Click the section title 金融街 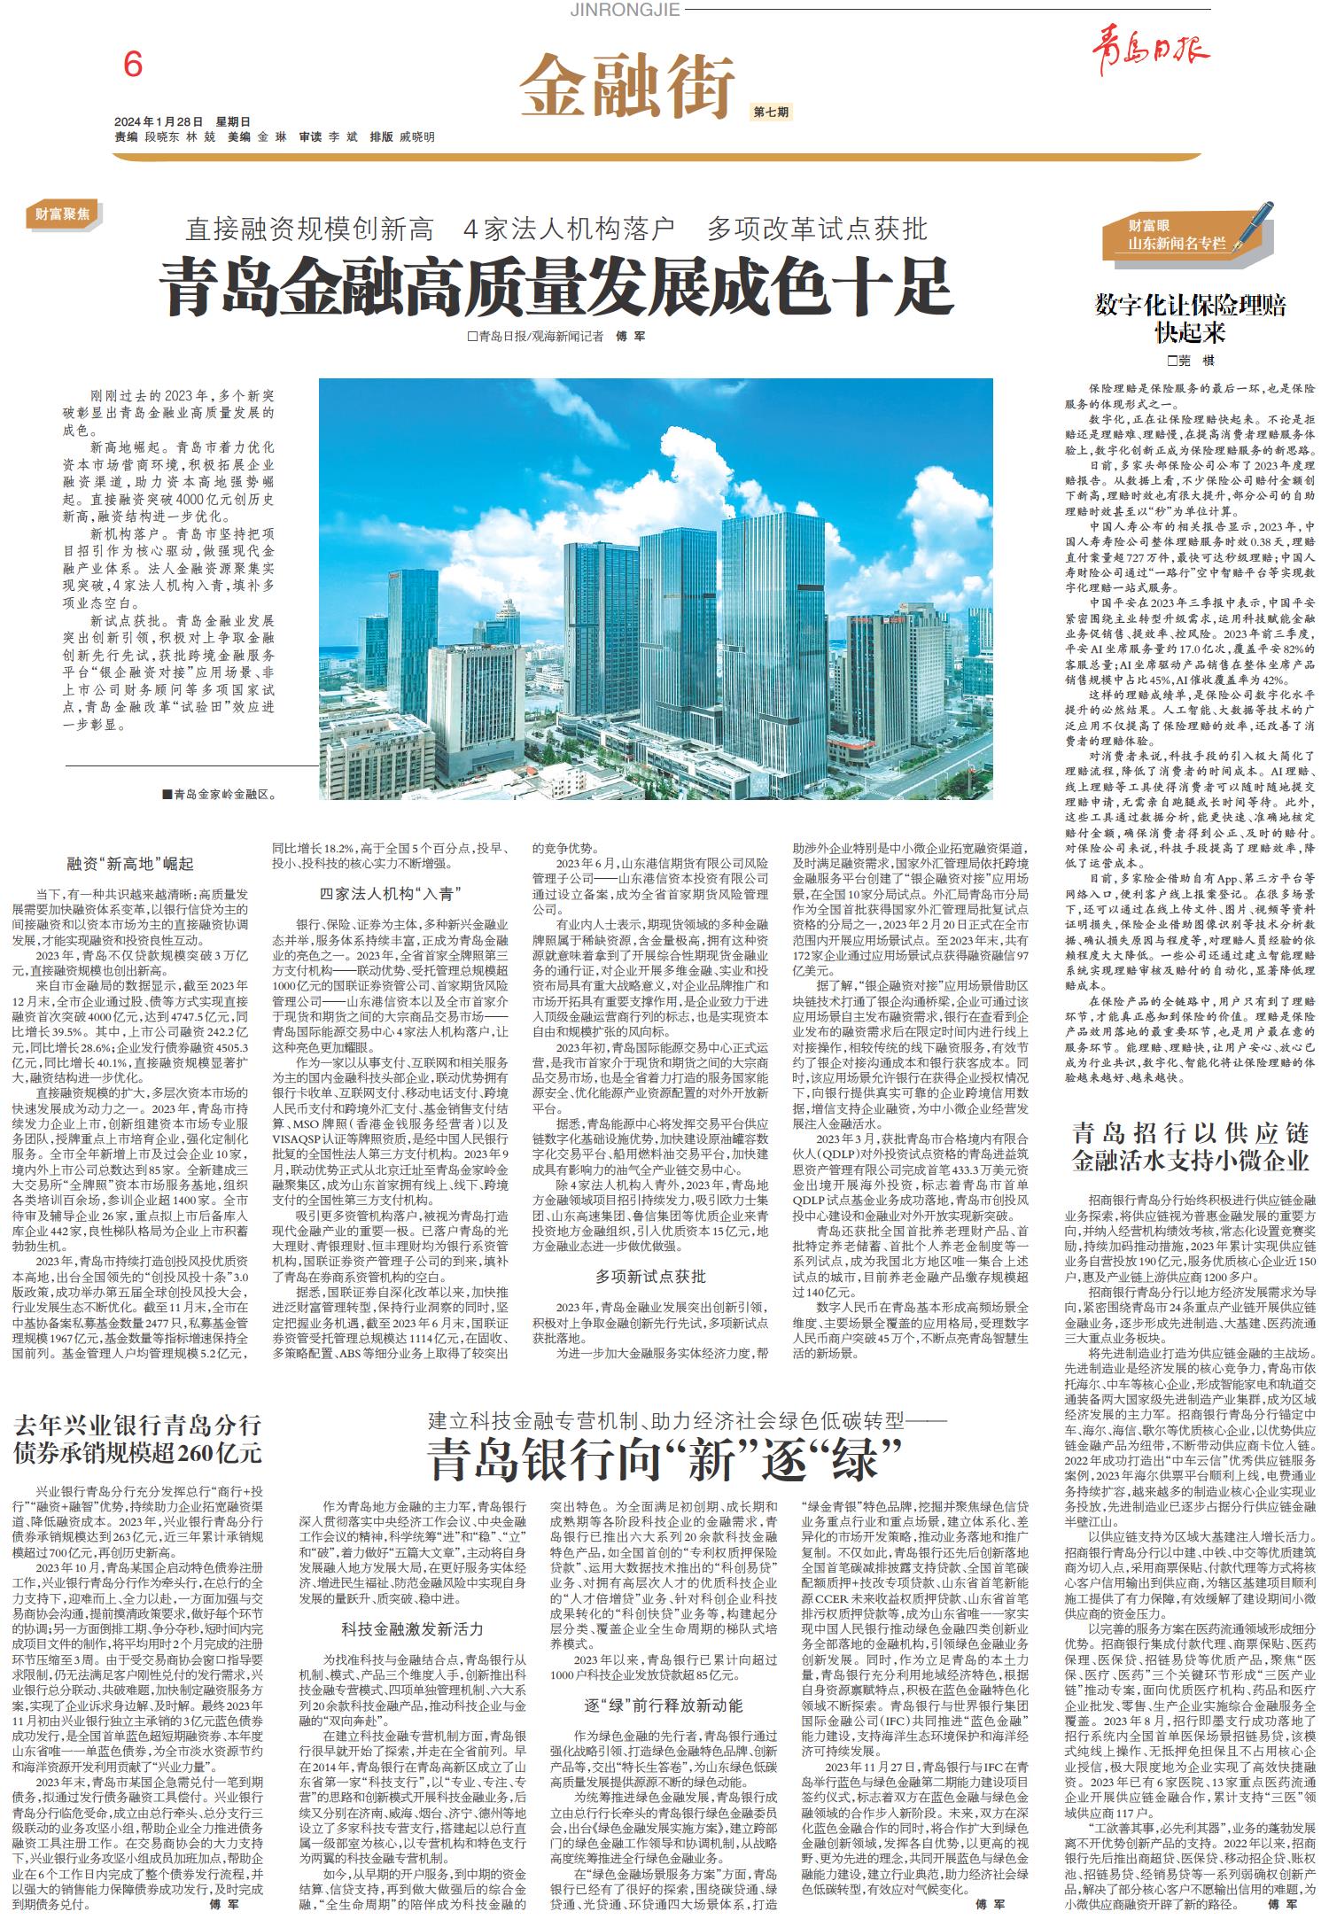pyautogui.click(x=627, y=84)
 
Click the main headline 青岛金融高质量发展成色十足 pyautogui.click(x=556, y=284)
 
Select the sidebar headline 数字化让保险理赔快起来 pyautogui.click(x=1190, y=319)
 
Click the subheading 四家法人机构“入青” pyautogui.click(x=391, y=892)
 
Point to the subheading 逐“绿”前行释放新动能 pyautogui.click(x=651, y=1706)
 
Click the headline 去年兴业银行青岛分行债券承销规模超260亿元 pyautogui.click(x=137, y=1440)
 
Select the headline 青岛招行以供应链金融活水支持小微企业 pyautogui.click(x=1190, y=1146)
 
